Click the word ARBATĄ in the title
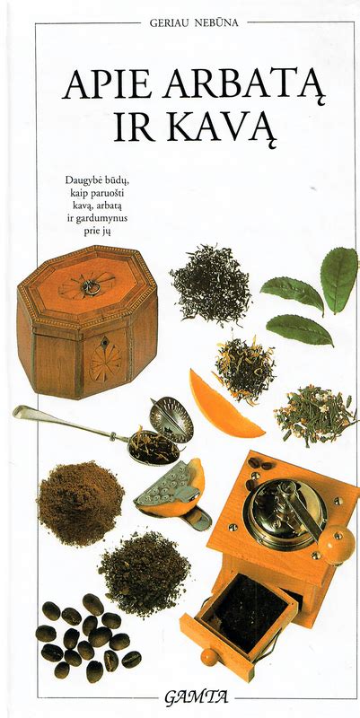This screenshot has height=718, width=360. coord(245,86)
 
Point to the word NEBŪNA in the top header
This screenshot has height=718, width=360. coord(215,23)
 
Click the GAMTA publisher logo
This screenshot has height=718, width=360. coord(197,698)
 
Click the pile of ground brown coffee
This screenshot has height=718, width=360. coord(81,503)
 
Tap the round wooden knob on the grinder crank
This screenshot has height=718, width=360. coord(337,545)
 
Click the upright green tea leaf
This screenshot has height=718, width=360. coord(339,280)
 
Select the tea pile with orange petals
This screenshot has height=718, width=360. coord(245,369)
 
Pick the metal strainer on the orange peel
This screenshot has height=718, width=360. coord(169,485)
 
